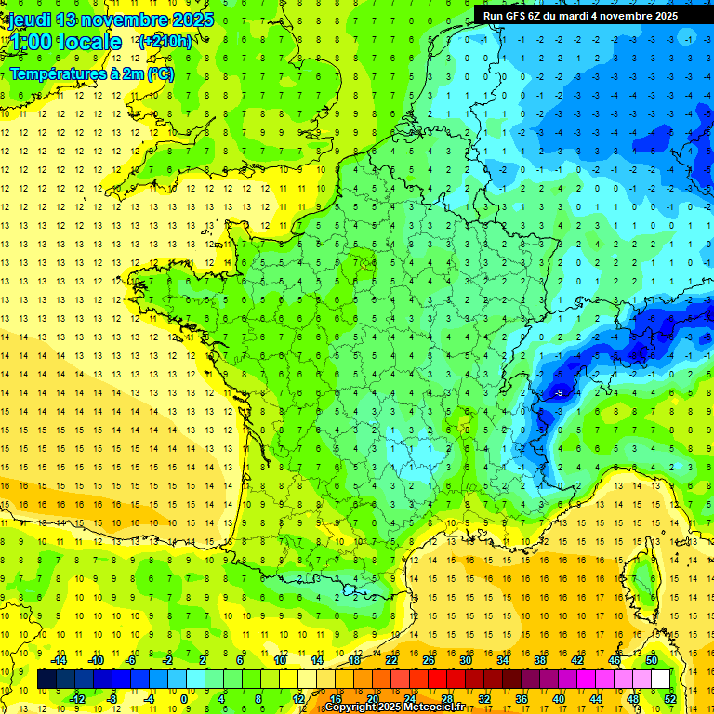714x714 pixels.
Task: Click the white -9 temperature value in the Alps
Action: click(x=559, y=393)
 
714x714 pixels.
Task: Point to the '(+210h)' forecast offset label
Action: click(x=165, y=42)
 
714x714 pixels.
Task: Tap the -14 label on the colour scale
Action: click(x=59, y=660)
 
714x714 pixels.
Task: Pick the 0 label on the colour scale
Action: click(x=183, y=699)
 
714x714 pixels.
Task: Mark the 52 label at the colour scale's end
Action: click(x=670, y=699)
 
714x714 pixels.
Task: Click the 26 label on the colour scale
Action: click(x=429, y=660)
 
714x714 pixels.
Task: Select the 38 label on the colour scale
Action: click(x=539, y=660)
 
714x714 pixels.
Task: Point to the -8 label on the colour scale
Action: click(x=112, y=699)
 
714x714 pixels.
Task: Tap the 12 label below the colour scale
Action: click(x=298, y=699)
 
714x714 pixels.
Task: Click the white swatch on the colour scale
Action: click(x=660, y=680)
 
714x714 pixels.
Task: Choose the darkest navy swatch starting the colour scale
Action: click(x=46, y=680)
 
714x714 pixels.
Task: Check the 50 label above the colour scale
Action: click(x=651, y=660)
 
